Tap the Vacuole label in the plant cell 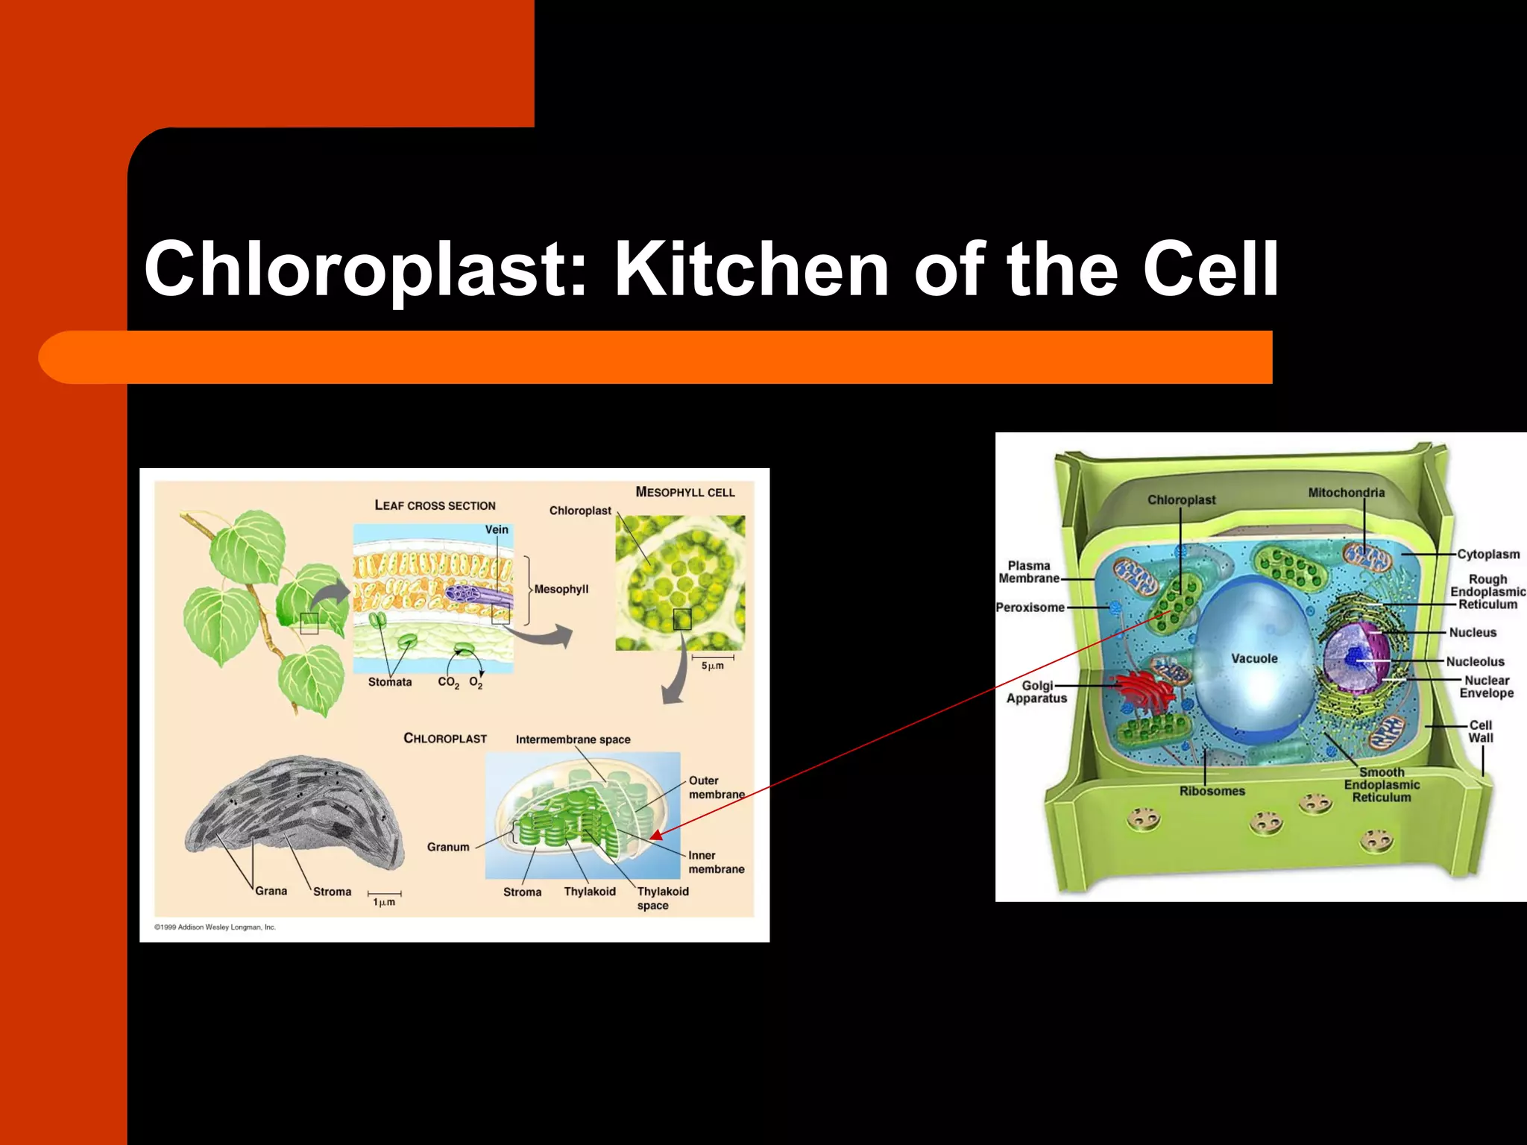pyautogui.click(x=1254, y=659)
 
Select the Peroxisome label pyautogui.click(x=1030, y=608)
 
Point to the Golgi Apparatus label pyautogui.click(x=1037, y=692)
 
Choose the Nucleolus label pyautogui.click(x=1475, y=662)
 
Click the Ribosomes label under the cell pyautogui.click(x=1212, y=791)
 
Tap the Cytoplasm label pyautogui.click(x=1488, y=555)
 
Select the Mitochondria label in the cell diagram pyautogui.click(x=1346, y=493)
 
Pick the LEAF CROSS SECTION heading pyautogui.click(x=435, y=505)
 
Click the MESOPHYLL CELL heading pyautogui.click(x=684, y=492)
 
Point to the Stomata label pyautogui.click(x=389, y=682)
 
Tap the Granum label pyautogui.click(x=448, y=847)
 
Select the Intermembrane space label pyautogui.click(x=573, y=739)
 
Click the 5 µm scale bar pyautogui.click(x=713, y=659)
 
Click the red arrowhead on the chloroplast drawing pyautogui.click(x=656, y=836)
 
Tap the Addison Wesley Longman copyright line pyautogui.click(x=215, y=927)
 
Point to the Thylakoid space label pyautogui.click(x=662, y=898)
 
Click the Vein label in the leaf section pyautogui.click(x=497, y=529)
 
